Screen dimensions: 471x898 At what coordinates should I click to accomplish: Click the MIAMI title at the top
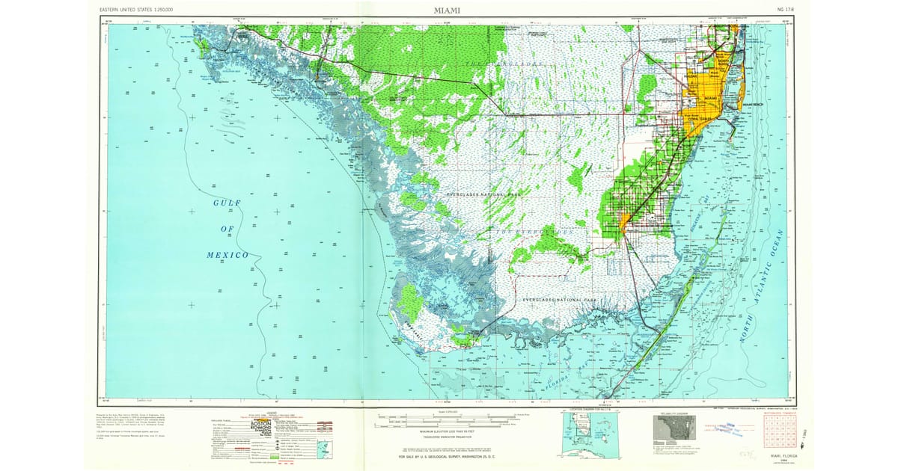click(447, 10)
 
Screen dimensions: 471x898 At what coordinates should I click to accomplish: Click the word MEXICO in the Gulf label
click(227, 255)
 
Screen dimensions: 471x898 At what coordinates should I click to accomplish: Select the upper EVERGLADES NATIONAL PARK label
click(483, 194)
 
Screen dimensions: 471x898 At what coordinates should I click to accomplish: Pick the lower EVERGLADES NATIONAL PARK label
click(561, 300)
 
